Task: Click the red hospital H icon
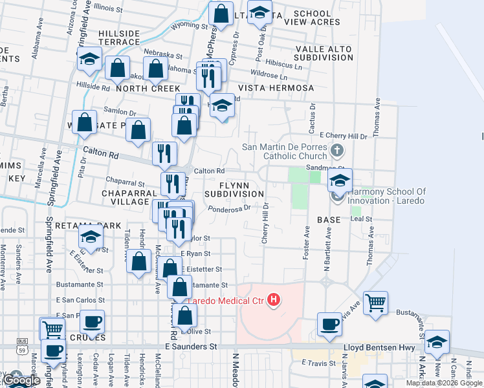coord(274,299)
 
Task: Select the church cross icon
coord(336,151)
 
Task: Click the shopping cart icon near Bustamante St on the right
coord(375,302)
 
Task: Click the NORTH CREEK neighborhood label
coord(138,88)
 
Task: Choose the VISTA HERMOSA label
coord(276,88)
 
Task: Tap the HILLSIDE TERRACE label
coord(119,38)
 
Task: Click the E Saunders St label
coord(191,347)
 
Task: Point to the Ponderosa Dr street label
coord(230,209)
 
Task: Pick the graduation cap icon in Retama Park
coord(91,237)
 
